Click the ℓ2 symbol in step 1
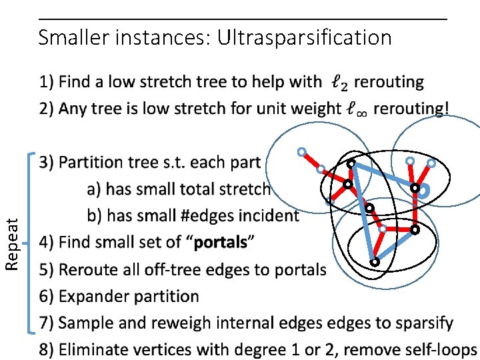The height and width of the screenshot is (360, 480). (339, 83)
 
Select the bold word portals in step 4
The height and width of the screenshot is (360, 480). (220, 243)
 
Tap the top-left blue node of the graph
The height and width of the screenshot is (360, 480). (301, 151)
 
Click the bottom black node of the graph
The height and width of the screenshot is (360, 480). (375, 262)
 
